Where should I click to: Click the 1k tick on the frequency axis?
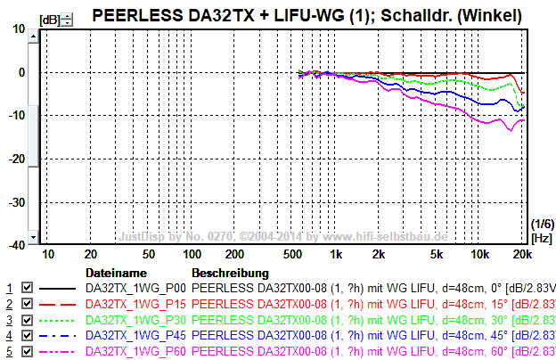point(336,255)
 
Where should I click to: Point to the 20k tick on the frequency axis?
point(522,255)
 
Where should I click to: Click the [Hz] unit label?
point(541,238)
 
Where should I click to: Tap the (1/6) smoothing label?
point(541,223)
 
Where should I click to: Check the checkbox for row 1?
point(27,288)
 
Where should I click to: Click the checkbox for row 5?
point(27,352)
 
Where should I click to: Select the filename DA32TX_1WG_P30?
point(135,320)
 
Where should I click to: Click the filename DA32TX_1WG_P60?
point(135,352)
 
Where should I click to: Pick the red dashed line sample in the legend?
point(59,304)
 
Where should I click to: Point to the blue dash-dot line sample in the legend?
point(59,336)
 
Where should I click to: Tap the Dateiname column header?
point(115,272)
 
